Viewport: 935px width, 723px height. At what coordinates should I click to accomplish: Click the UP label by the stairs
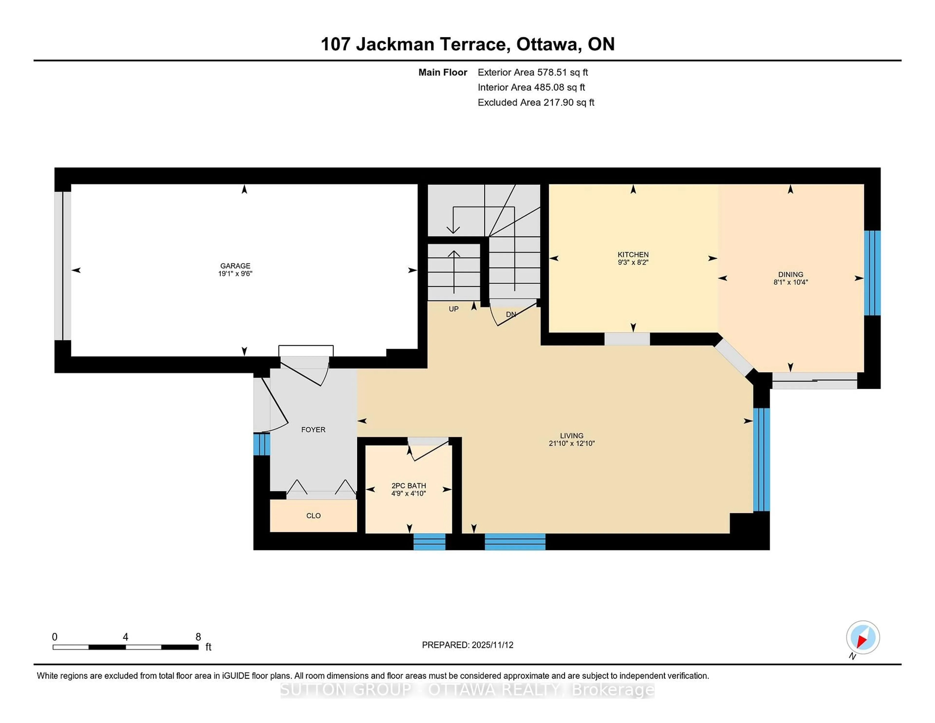click(453, 309)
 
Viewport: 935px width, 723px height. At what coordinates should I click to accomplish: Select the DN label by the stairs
click(511, 314)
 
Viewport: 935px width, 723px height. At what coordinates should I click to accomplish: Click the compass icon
click(863, 637)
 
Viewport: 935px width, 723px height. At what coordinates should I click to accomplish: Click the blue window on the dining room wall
click(872, 273)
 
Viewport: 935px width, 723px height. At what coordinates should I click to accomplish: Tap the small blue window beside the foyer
click(262, 444)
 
